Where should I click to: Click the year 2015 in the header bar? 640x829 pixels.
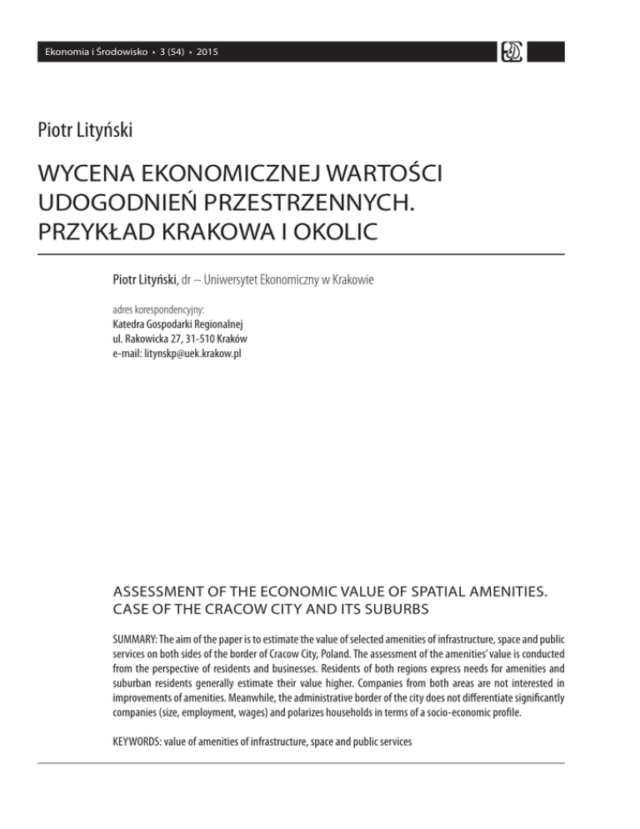208,53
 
